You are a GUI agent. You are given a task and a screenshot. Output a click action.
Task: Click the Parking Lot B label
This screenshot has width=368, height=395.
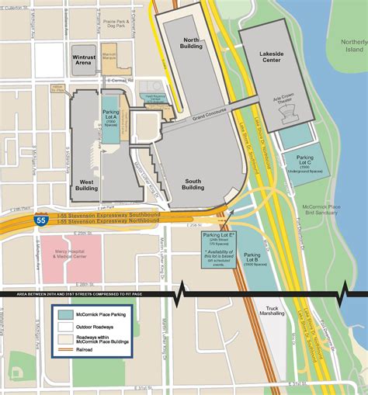tap(251, 258)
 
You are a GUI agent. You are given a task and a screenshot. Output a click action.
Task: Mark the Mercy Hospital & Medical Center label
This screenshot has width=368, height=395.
tap(68, 257)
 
